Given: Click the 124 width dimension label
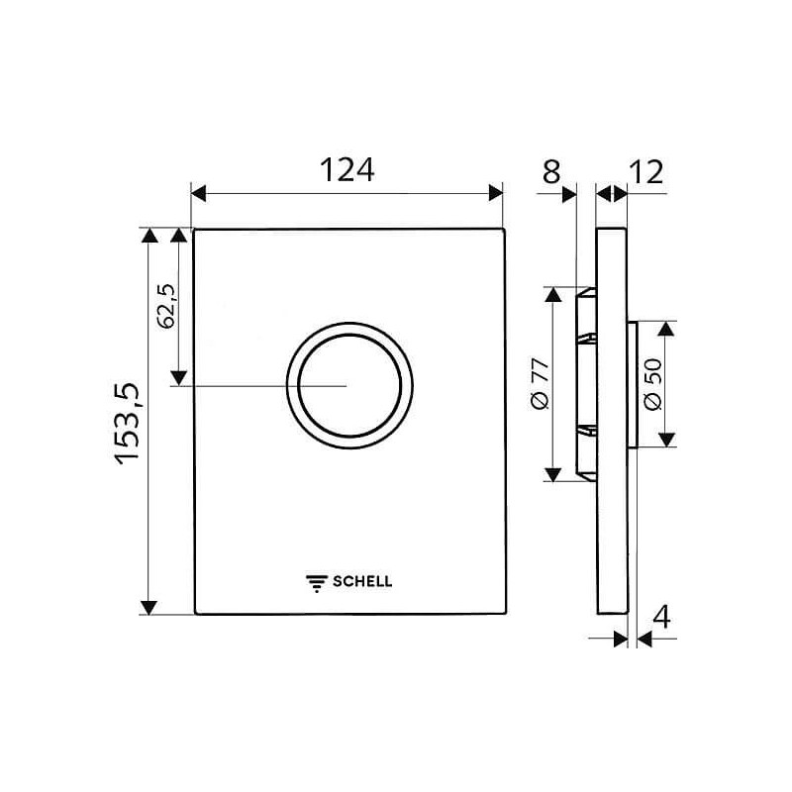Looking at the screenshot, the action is coord(347,169).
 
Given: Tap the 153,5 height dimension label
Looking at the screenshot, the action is coord(127,424).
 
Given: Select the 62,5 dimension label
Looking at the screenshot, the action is coord(166,306).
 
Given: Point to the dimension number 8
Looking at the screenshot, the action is coord(551,171).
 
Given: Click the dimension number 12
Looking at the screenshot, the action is coord(646,172).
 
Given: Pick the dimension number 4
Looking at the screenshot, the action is coord(661,617).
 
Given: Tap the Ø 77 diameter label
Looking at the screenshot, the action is coord(541,384).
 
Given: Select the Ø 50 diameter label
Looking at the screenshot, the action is coord(652,384).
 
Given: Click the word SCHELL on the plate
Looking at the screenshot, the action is coord(362,581).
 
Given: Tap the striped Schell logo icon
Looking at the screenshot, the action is coord(317,583).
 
